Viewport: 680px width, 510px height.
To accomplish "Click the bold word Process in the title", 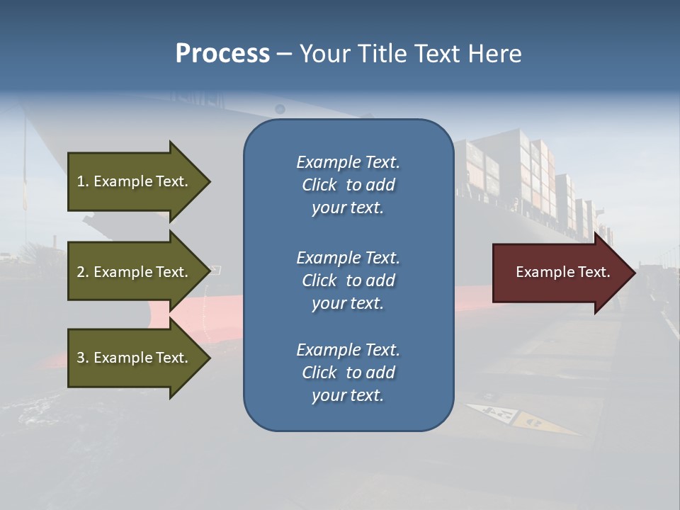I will click(x=222, y=54).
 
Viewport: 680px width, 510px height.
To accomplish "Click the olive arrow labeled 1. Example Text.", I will click(x=135, y=181).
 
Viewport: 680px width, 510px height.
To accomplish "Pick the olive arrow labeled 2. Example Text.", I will click(x=135, y=272).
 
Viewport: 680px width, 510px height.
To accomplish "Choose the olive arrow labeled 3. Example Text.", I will click(x=135, y=358).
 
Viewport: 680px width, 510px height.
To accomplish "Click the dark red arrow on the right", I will click(x=560, y=272).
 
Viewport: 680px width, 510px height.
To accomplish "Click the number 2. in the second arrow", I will click(x=83, y=272).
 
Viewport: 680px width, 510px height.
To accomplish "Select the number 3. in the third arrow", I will click(x=83, y=358).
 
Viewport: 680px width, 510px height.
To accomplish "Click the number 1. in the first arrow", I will click(x=82, y=181).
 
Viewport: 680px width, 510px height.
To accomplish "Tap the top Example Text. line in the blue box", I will click(x=348, y=162).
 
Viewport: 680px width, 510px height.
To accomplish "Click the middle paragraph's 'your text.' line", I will click(x=348, y=302).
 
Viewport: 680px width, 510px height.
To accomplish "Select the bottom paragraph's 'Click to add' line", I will click(x=348, y=373).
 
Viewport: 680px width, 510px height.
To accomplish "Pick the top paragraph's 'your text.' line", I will click(x=348, y=208).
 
